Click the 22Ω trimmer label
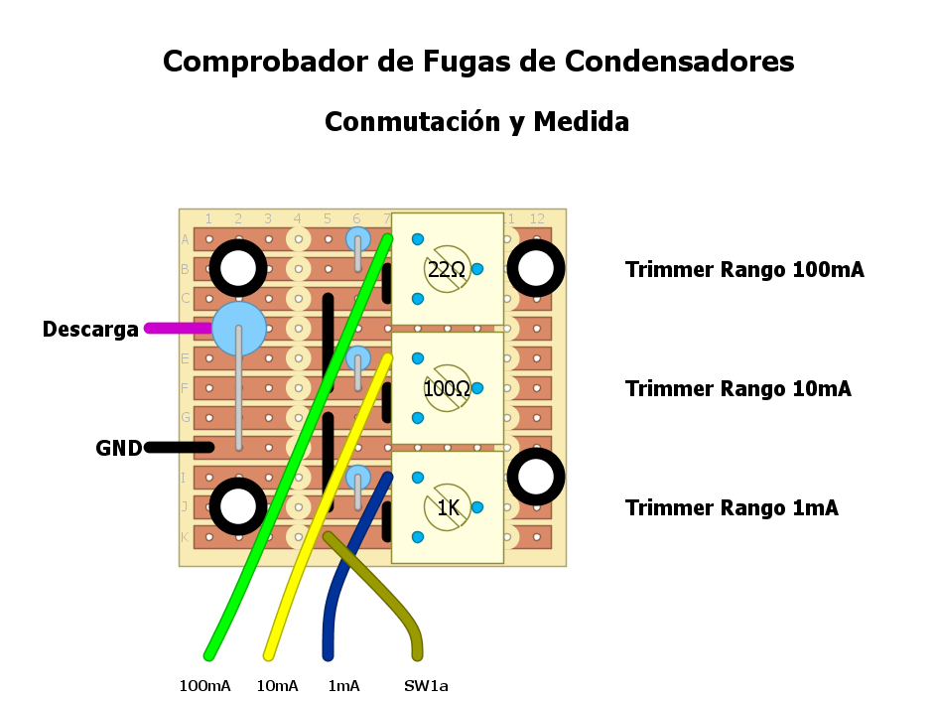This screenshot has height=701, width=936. [447, 269]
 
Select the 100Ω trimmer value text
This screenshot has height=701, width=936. [447, 388]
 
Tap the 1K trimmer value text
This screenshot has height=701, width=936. [449, 508]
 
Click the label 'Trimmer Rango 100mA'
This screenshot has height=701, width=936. [744, 269]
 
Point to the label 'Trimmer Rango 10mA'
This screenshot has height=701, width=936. [737, 388]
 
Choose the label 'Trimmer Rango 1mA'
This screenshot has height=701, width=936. [732, 508]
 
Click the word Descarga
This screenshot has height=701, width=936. [90, 330]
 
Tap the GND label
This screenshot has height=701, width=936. [119, 448]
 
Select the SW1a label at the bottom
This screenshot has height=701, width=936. [426, 686]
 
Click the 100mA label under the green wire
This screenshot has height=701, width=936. [204, 686]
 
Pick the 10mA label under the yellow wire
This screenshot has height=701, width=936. [277, 686]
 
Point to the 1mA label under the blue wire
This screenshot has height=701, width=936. [343, 686]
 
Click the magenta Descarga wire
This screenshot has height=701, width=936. [179, 328]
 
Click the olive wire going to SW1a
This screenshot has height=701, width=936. [387, 592]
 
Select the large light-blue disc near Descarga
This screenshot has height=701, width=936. [239, 329]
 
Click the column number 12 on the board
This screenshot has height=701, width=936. [537, 218]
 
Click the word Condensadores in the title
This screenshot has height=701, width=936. [680, 62]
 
